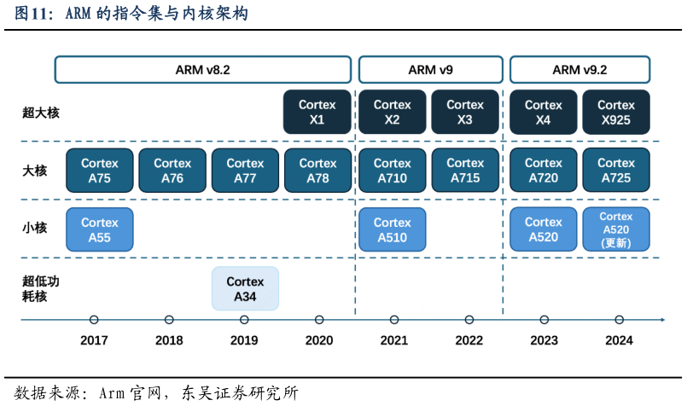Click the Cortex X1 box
click(317, 112)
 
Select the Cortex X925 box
click(616, 112)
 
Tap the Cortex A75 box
click(100, 171)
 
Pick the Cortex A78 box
click(317, 171)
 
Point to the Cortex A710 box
click(393, 171)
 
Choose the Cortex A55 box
click(100, 229)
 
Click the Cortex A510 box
click(393, 229)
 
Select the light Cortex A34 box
click(245, 289)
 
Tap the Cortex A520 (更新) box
click(616, 229)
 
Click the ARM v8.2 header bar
click(202, 70)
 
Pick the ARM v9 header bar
click(429, 70)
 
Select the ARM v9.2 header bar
click(580, 70)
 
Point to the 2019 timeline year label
click(244, 340)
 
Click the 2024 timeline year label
click(619, 340)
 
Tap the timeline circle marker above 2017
click(94, 320)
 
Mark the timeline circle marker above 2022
click(469, 320)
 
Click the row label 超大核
click(41, 112)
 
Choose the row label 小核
click(35, 229)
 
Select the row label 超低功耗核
click(41, 289)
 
